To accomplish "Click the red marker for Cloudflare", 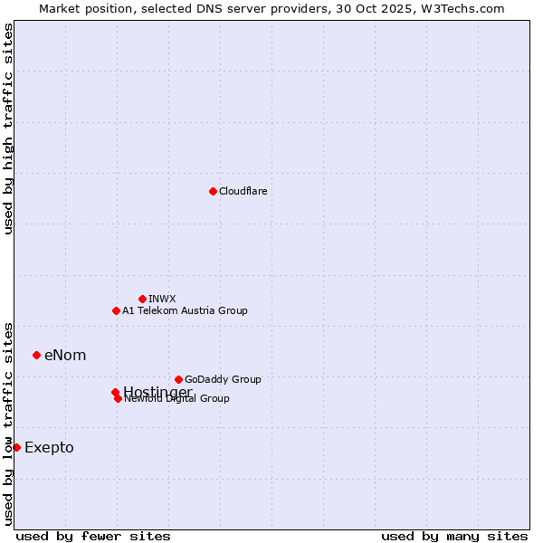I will (213, 191).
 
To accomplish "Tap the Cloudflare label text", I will (243, 191).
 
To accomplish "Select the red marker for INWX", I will (142, 299).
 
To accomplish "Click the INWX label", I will (162, 299).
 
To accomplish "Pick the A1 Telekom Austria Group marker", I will (116, 310).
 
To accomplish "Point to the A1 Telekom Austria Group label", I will (185, 310).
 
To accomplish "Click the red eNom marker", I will (36, 355).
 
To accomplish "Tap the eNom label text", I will (65, 355).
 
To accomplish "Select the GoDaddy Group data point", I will (178, 379).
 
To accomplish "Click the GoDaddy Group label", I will (223, 379).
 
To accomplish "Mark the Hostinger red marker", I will (115, 392).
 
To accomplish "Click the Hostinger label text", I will (158, 390).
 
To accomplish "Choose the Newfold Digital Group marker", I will (118, 398).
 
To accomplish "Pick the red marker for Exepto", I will (16, 447).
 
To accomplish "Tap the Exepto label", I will (49, 447).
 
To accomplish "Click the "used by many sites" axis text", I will (454, 537).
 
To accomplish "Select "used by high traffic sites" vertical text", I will (8, 129).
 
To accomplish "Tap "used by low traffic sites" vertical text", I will (8, 424).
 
